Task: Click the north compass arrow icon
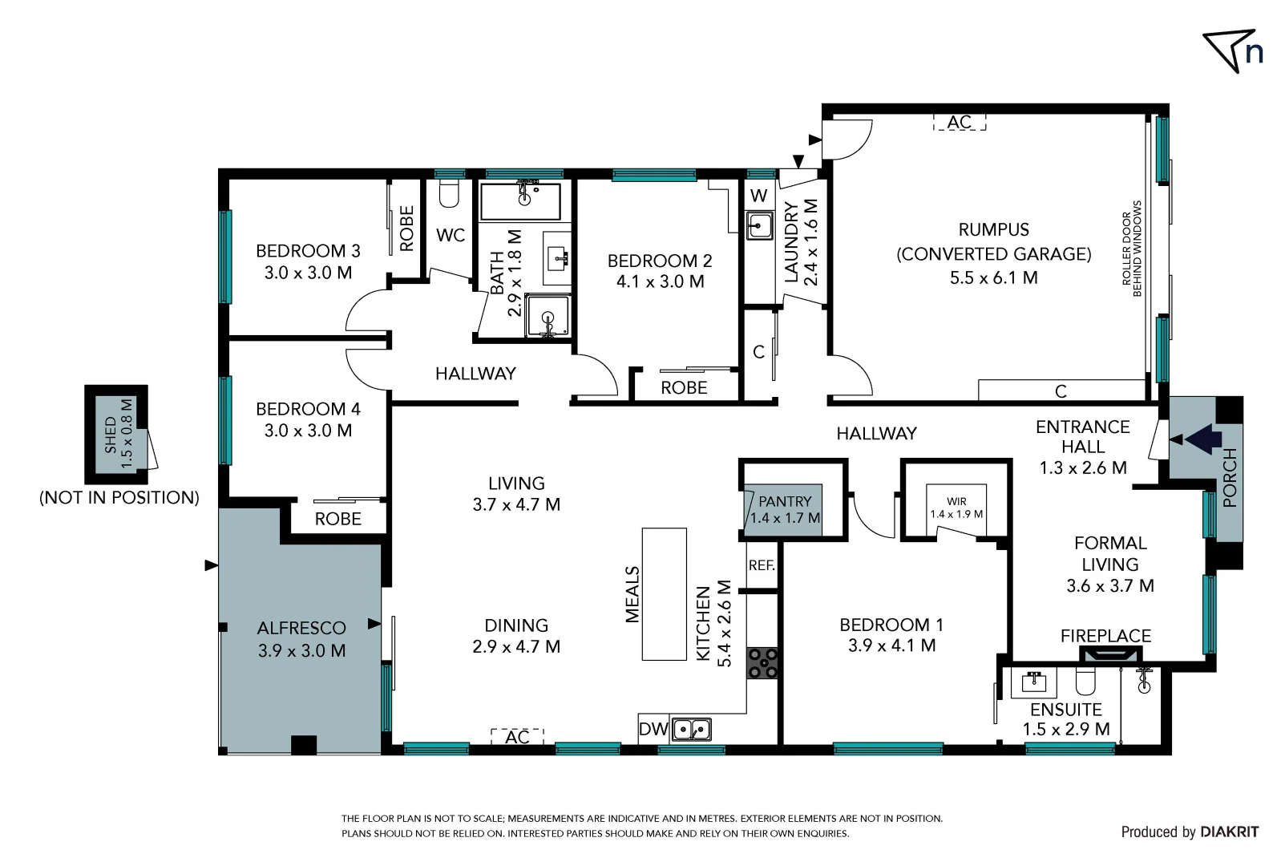pos(1228,50)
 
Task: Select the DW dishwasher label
pos(653,729)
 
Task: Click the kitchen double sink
pos(691,730)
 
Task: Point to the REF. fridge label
pos(762,565)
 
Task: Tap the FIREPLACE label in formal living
pos(1105,636)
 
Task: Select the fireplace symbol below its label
pos(1106,655)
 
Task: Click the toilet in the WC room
pos(449,192)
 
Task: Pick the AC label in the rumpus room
pos(959,123)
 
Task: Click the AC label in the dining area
pos(517,736)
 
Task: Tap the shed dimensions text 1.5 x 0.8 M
pos(126,435)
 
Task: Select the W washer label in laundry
pos(758,196)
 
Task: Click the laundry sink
pos(758,225)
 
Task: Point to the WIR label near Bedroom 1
pos(956,501)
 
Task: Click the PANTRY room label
pos(785,501)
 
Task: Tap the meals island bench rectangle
pos(664,593)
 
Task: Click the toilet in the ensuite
pos(1085,682)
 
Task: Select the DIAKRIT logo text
pos(1229,832)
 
